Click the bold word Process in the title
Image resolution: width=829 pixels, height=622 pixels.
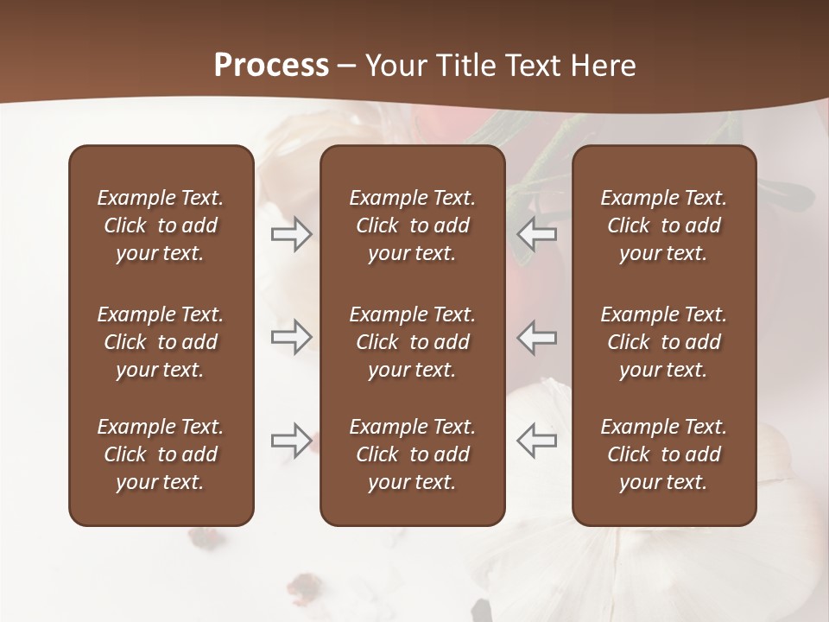[271, 66]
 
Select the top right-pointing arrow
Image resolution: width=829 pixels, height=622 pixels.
[291, 234]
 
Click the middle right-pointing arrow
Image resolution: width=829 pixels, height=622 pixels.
[291, 337]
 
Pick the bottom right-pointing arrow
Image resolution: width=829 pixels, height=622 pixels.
[291, 441]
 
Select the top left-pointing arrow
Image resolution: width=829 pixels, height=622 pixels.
[536, 234]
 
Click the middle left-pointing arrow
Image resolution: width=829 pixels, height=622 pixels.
[536, 337]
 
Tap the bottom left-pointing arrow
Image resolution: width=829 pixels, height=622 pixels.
[536, 441]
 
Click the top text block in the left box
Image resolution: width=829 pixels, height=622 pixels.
[161, 225]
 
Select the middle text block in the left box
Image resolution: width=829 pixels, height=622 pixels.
[161, 342]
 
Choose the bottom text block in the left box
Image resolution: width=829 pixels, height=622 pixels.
[161, 454]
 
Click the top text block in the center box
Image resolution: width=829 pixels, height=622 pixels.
[412, 225]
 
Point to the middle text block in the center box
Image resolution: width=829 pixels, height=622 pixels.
[412, 342]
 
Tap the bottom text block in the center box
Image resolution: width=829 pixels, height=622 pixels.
[412, 454]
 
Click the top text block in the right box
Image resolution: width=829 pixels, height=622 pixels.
[663, 225]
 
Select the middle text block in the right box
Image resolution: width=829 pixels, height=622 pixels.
[663, 342]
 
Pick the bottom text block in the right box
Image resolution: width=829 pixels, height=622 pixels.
[663, 454]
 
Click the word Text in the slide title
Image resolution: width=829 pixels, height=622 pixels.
[532, 66]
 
